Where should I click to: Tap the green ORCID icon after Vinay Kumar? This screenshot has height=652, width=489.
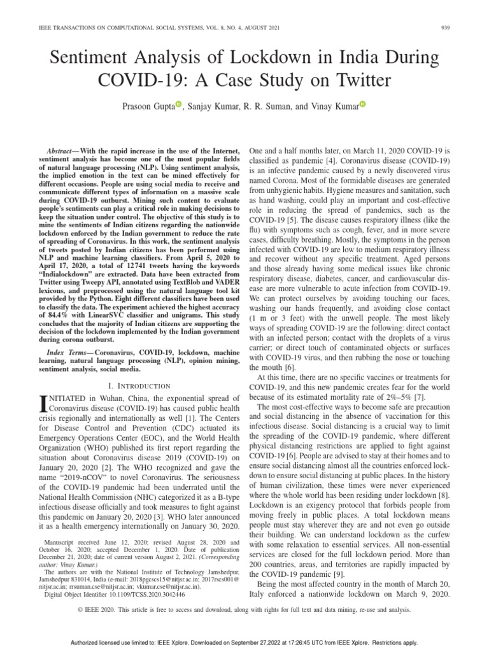363,104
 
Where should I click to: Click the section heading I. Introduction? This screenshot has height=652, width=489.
138,386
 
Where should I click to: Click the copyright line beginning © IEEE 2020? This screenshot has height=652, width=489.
244,609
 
